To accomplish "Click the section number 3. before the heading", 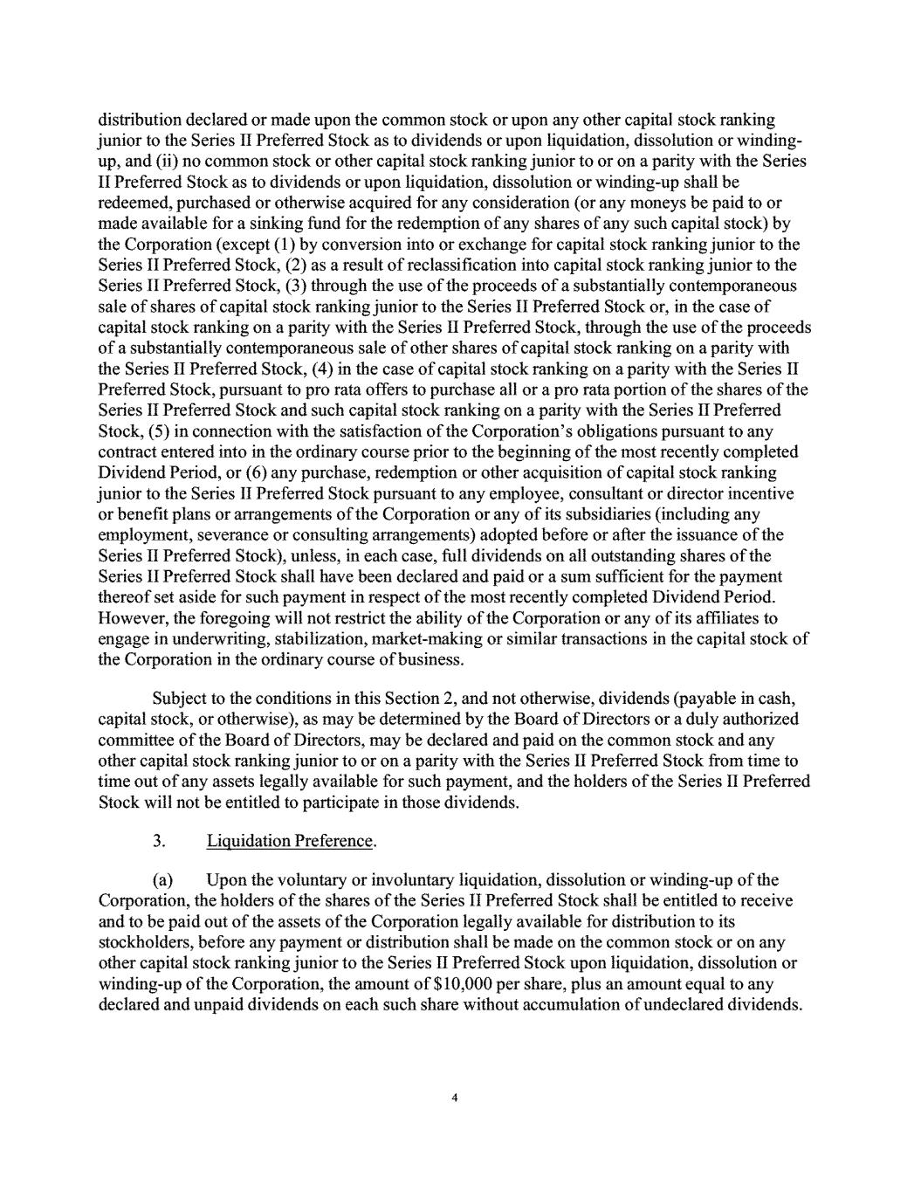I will tap(159, 842).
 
